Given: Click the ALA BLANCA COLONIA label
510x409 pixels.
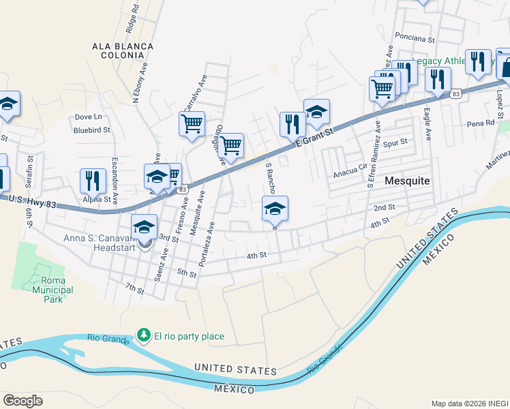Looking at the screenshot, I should click(x=123, y=51).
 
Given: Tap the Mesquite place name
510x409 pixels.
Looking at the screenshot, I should click(x=407, y=181).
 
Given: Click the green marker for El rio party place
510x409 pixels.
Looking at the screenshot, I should click(x=143, y=335).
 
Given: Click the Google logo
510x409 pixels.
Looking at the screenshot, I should click(x=22, y=401).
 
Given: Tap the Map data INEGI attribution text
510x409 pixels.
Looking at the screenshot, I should click(x=469, y=404).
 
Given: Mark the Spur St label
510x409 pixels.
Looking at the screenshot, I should click(x=395, y=142).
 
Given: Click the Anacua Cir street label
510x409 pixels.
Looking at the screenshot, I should click(x=350, y=173).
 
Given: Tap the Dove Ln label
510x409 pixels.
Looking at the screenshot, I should click(x=88, y=117).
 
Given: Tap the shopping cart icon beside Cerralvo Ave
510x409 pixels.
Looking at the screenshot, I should click(x=192, y=124).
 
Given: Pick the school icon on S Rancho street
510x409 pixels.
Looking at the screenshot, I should click(x=275, y=208).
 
